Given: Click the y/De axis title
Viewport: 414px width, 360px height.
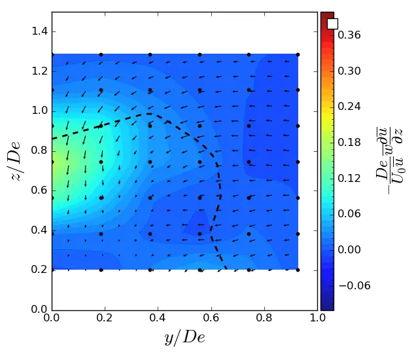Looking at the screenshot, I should point(184,338).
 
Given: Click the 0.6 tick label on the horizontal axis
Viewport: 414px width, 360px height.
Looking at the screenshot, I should point(211,317).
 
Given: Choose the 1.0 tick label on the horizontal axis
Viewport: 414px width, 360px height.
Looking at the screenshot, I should point(317,317).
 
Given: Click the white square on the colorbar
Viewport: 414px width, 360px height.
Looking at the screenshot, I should point(332,24).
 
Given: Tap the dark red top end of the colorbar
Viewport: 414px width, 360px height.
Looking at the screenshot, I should point(327,15).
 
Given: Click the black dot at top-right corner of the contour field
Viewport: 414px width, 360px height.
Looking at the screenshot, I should point(298,54).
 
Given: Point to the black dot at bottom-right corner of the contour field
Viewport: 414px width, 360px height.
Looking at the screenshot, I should point(298,269).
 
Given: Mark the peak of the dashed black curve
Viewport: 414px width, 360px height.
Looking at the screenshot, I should point(149,114).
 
